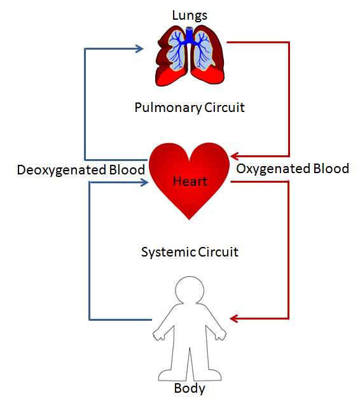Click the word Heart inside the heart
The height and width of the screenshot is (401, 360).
[190, 182]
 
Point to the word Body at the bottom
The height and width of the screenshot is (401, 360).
[190, 388]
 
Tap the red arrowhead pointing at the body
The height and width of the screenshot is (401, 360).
[235, 318]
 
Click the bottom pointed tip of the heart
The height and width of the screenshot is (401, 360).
[190, 218]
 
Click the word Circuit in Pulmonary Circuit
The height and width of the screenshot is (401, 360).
[224, 108]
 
